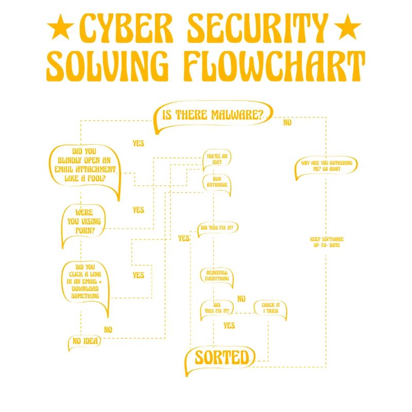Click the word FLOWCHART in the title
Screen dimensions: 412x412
273,65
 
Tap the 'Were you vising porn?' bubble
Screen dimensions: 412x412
83,221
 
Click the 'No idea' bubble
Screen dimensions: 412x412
83,341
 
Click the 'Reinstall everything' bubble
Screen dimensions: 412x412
216,276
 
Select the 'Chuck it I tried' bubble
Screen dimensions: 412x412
270,308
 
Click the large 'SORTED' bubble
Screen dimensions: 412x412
221,357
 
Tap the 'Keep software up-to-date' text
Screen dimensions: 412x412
327,242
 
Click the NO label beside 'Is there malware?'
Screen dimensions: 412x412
287,123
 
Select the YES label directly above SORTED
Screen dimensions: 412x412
229,325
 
